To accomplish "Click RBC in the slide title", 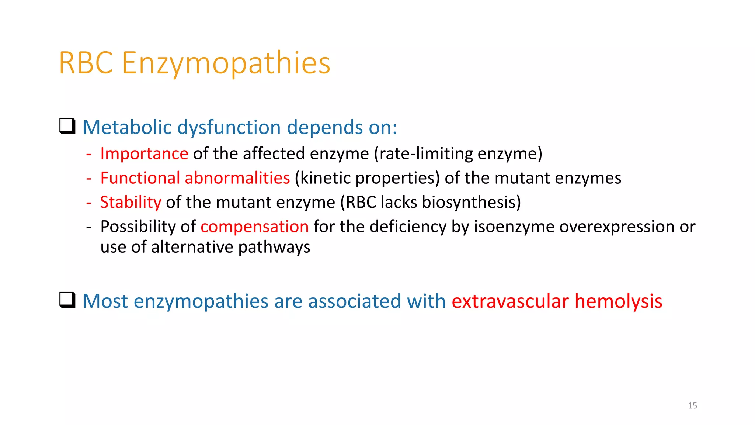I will [86, 63].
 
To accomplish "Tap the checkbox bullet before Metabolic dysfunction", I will [67, 126].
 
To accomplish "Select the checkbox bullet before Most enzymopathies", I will [67, 300].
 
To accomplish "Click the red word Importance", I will [144, 153].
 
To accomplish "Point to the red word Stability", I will [131, 202].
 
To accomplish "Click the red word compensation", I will [254, 227].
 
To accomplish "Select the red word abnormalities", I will [237, 178].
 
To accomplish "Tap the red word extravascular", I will [510, 301].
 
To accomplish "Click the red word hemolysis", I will [618, 301].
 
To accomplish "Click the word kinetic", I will [325, 178].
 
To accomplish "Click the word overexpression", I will [617, 227].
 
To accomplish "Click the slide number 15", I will [692, 406].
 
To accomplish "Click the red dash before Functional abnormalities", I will [88, 178].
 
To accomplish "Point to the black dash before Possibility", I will [88, 227].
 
